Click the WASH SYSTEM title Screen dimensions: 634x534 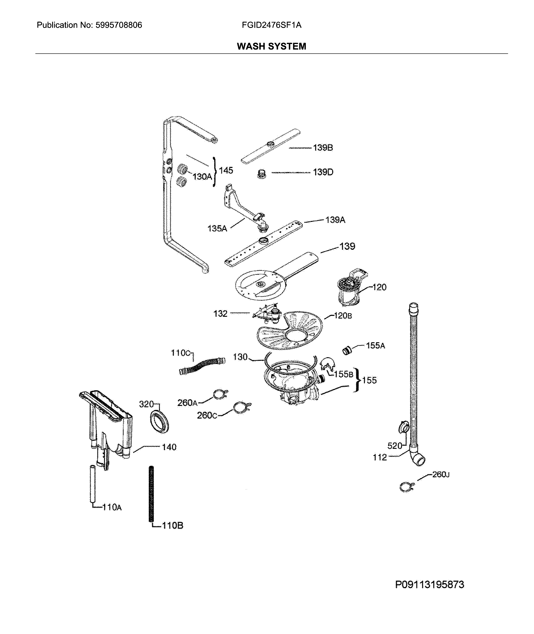(x=272, y=46)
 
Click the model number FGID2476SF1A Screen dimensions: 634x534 (x=272, y=25)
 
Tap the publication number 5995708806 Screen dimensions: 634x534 (x=119, y=25)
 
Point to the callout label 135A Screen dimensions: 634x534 (x=217, y=229)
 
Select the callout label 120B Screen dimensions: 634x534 (x=343, y=316)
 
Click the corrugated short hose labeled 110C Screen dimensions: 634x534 (x=202, y=366)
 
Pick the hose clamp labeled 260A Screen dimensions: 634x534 (x=220, y=395)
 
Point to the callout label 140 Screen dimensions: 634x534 (x=169, y=447)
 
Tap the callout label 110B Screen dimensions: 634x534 (x=172, y=526)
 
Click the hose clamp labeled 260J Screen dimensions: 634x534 (x=406, y=487)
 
